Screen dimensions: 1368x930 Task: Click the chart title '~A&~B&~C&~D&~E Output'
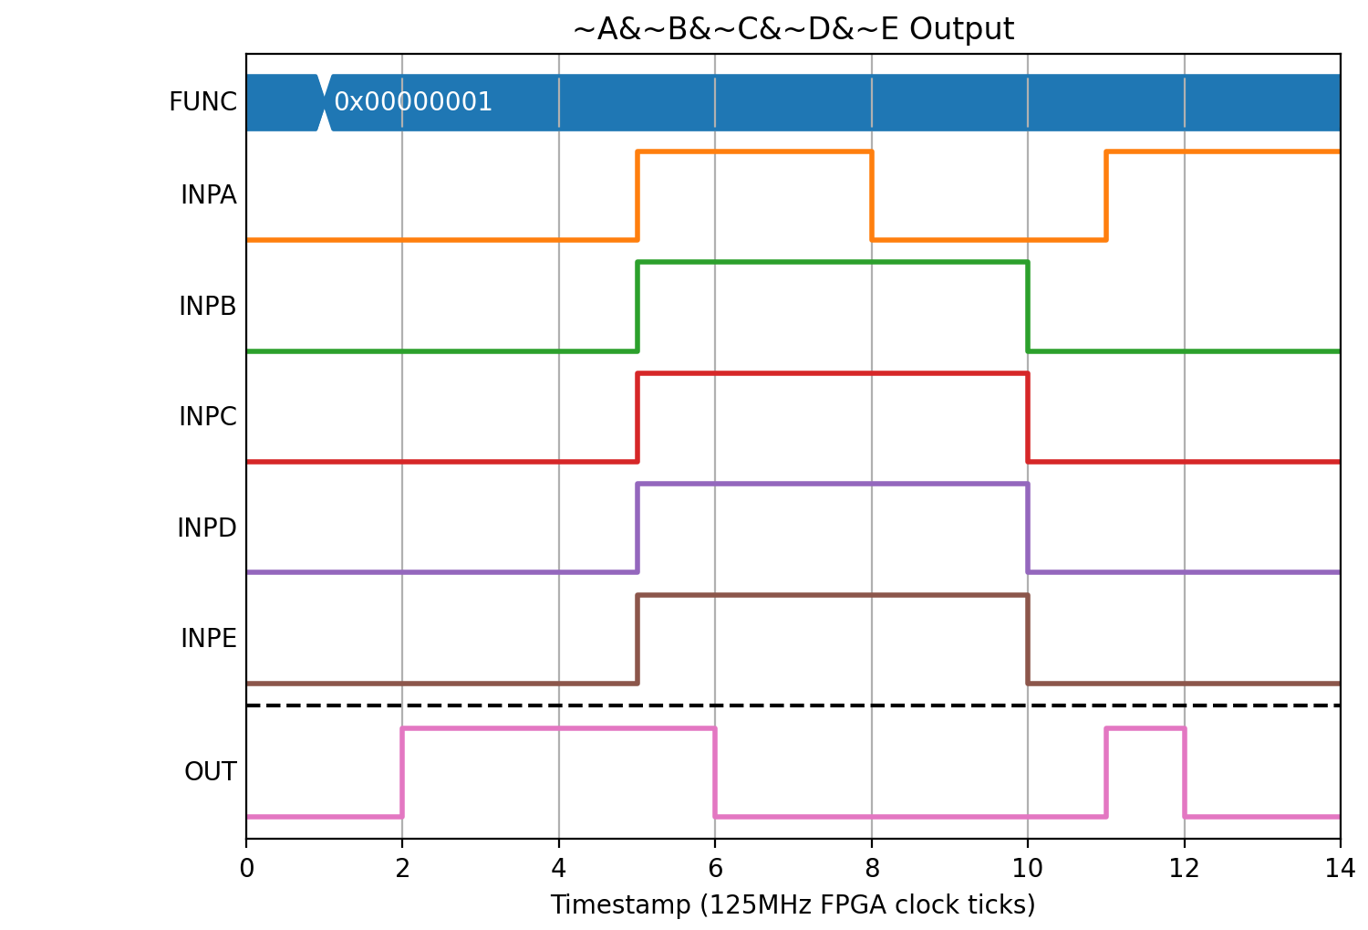[x=793, y=28]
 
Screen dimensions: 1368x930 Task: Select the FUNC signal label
[x=202, y=101]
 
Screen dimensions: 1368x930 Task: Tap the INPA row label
[x=208, y=195]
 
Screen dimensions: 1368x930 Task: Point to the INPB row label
[x=208, y=306]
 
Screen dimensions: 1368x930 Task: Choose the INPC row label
[x=208, y=417]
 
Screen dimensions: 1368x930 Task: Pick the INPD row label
[x=207, y=528]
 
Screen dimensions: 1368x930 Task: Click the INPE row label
[x=208, y=639]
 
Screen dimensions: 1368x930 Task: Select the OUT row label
[x=210, y=772]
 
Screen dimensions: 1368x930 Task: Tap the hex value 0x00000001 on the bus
[x=413, y=102]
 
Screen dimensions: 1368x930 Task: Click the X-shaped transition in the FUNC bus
[x=325, y=102]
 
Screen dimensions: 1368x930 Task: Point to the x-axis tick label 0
[x=246, y=868]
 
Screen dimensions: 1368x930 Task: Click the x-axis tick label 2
[x=402, y=868]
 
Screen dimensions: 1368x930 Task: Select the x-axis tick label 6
[x=715, y=868]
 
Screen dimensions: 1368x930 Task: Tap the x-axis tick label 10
[x=1028, y=868]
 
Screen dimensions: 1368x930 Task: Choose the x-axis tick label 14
[x=1340, y=868]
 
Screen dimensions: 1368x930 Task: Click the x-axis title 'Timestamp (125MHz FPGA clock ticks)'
[x=793, y=905]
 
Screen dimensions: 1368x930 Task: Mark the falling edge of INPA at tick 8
[x=872, y=195]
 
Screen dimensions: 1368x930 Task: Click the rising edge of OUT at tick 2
[x=402, y=772]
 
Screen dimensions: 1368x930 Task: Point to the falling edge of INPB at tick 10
[x=1028, y=307]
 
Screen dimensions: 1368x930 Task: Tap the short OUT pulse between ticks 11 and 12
[x=1145, y=728]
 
